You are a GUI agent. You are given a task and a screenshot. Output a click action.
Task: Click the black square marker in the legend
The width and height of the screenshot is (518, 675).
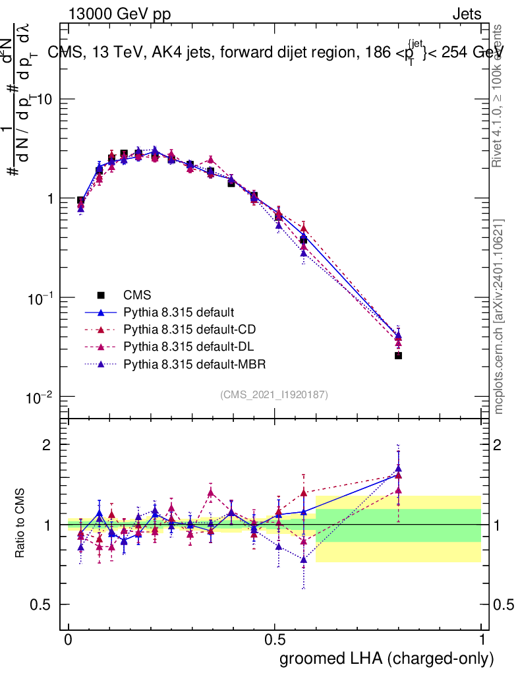coord(100,295)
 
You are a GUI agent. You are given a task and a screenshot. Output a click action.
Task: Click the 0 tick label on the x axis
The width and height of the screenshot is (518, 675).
coord(69,640)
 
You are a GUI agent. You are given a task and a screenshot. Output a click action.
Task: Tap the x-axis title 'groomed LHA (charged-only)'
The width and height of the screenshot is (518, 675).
coord(387,659)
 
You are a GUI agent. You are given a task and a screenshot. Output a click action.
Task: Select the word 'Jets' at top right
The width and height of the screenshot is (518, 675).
coord(466,14)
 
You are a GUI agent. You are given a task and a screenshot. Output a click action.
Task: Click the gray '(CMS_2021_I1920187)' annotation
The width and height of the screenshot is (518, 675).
coord(274,394)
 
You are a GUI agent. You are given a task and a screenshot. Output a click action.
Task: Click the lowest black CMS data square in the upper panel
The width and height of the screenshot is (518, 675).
coord(398,355)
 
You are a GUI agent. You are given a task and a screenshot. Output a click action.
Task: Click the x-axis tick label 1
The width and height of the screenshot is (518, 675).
coord(481,640)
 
